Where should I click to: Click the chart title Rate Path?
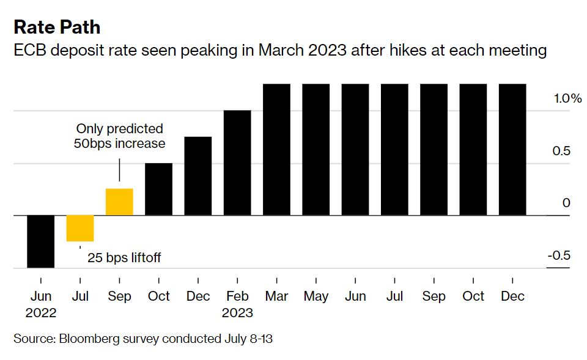click(x=57, y=28)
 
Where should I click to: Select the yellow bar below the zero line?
click(x=80, y=228)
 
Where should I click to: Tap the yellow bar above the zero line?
click(x=119, y=202)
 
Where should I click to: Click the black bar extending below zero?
click(x=41, y=241)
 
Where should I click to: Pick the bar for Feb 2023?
click(x=237, y=163)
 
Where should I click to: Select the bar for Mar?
click(x=276, y=150)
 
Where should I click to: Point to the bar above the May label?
click(x=316, y=150)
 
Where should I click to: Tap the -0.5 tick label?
click(x=558, y=255)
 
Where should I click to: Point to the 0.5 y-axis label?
click(x=561, y=151)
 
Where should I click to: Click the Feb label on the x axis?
click(x=237, y=296)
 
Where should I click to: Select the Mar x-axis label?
click(x=276, y=296)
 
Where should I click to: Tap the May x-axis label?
click(x=316, y=296)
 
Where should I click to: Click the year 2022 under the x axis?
click(x=41, y=313)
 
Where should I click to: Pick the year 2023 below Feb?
click(x=237, y=313)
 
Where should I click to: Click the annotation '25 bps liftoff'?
click(x=124, y=258)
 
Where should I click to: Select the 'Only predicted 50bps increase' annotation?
click(x=120, y=136)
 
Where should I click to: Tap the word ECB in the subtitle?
click(x=29, y=50)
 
